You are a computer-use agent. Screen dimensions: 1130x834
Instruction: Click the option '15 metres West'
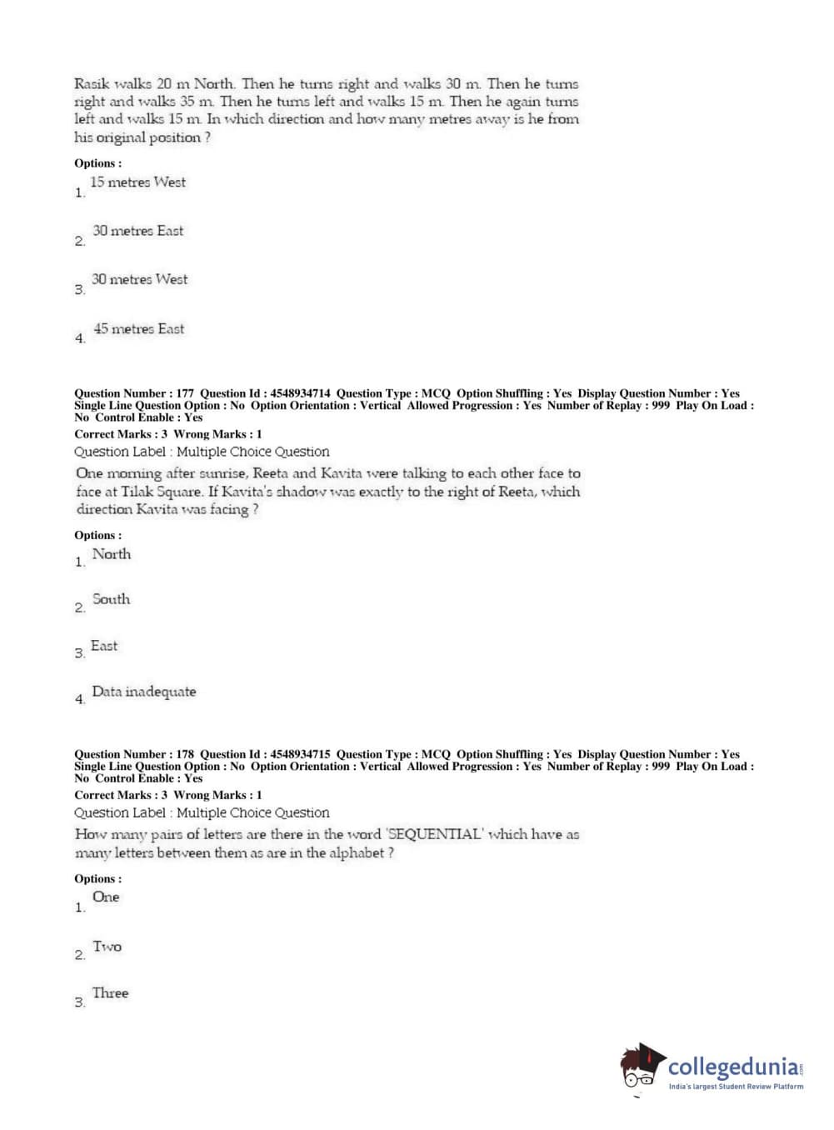click(137, 182)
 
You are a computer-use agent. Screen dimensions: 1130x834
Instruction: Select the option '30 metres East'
click(137, 231)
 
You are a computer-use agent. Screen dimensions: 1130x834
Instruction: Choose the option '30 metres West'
click(139, 280)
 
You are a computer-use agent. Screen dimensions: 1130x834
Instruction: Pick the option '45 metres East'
click(138, 329)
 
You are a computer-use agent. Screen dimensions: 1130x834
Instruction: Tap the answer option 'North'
click(111, 554)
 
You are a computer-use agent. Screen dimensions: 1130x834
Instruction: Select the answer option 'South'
click(111, 599)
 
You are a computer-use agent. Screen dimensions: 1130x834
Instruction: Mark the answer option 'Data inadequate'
click(143, 692)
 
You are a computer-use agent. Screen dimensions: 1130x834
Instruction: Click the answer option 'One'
click(106, 897)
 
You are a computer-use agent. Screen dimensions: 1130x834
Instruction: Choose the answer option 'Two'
click(107, 947)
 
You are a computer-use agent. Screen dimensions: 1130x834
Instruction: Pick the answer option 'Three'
click(110, 993)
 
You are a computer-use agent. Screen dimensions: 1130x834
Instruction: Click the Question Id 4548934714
click(300, 393)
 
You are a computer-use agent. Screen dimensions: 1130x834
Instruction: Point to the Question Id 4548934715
click(300, 754)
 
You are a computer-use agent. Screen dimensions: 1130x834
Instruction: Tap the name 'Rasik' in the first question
click(91, 84)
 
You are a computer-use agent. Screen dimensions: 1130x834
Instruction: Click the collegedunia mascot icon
click(642, 1067)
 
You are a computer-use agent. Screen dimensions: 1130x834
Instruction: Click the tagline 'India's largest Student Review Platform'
click(736, 1087)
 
